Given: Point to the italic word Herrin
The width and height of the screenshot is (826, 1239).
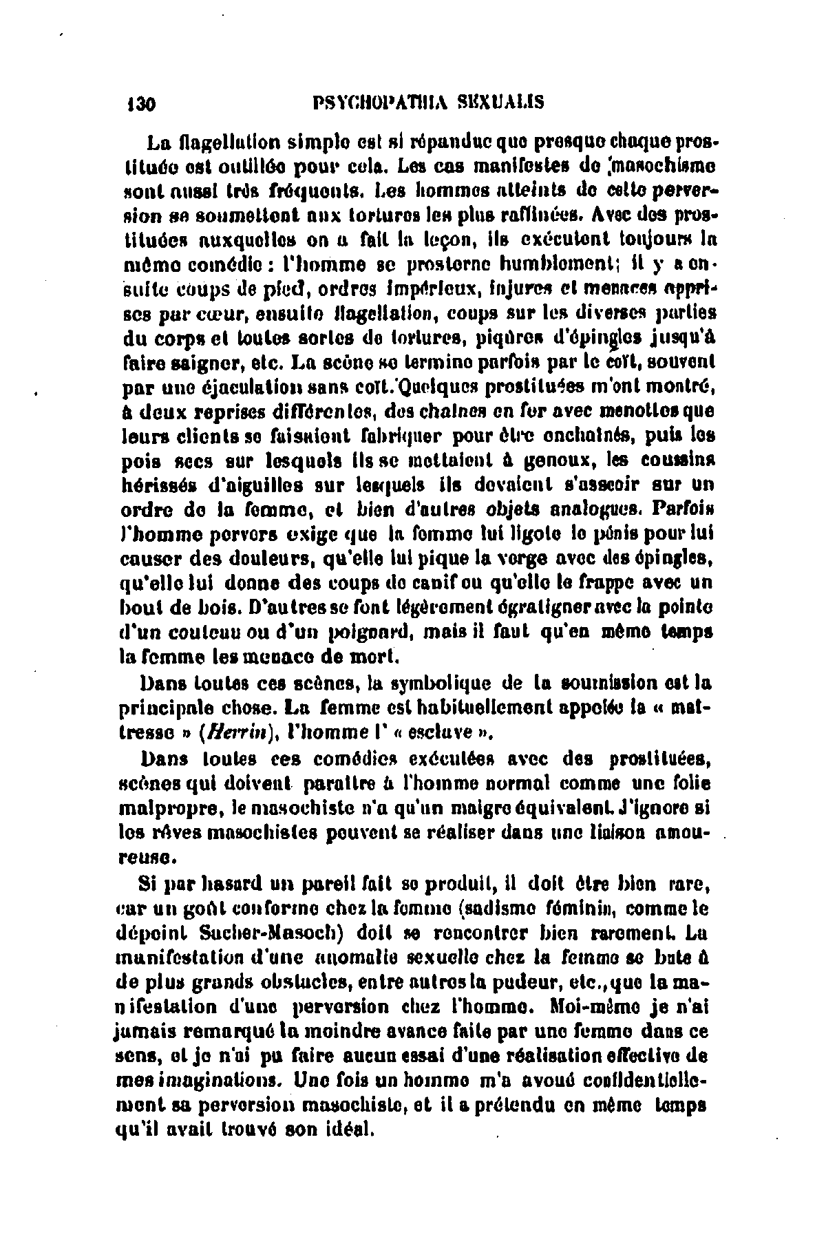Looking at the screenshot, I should [x=233, y=732].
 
